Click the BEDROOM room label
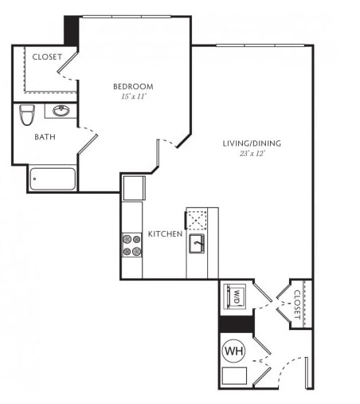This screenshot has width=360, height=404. pyautogui.click(x=133, y=87)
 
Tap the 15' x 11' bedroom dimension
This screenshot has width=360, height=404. pyautogui.click(x=134, y=96)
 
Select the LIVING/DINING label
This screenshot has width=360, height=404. pyautogui.click(x=252, y=143)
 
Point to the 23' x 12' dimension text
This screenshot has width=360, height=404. pyautogui.click(x=252, y=154)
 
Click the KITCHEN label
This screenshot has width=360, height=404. pyautogui.click(x=165, y=234)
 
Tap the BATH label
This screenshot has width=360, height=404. pyautogui.click(x=45, y=137)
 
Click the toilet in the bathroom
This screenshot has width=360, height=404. pyautogui.click(x=27, y=115)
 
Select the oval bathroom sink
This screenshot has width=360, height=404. pyautogui.click(x=61, y=111)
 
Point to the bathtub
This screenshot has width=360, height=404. pyautogui.click(x=53, y=178)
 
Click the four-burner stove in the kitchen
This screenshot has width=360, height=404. pyautogui.click(x=132, y=245)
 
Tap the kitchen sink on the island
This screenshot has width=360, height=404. pyautogui.click(x=197, y=244)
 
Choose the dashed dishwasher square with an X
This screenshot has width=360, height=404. pyautogui.click(x=197, y=220)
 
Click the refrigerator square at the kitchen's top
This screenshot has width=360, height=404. pyautogui.click(x=134, y=188)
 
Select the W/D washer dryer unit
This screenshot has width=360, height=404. pyautogui.click(x=234, y=296)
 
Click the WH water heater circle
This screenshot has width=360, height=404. pyautogui.click(x=233, y=351)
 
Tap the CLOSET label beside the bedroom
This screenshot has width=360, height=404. pyautogui.click(x=47, y=57)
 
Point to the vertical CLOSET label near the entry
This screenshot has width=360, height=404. pyautogui.click(x=297, y=304)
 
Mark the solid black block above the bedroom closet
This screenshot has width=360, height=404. pyautogui.click(x=72, y=31)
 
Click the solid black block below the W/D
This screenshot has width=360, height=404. pyautogui.click(x=237, y=324)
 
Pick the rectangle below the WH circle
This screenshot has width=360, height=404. pyautogui.click(x=234, y=375)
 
